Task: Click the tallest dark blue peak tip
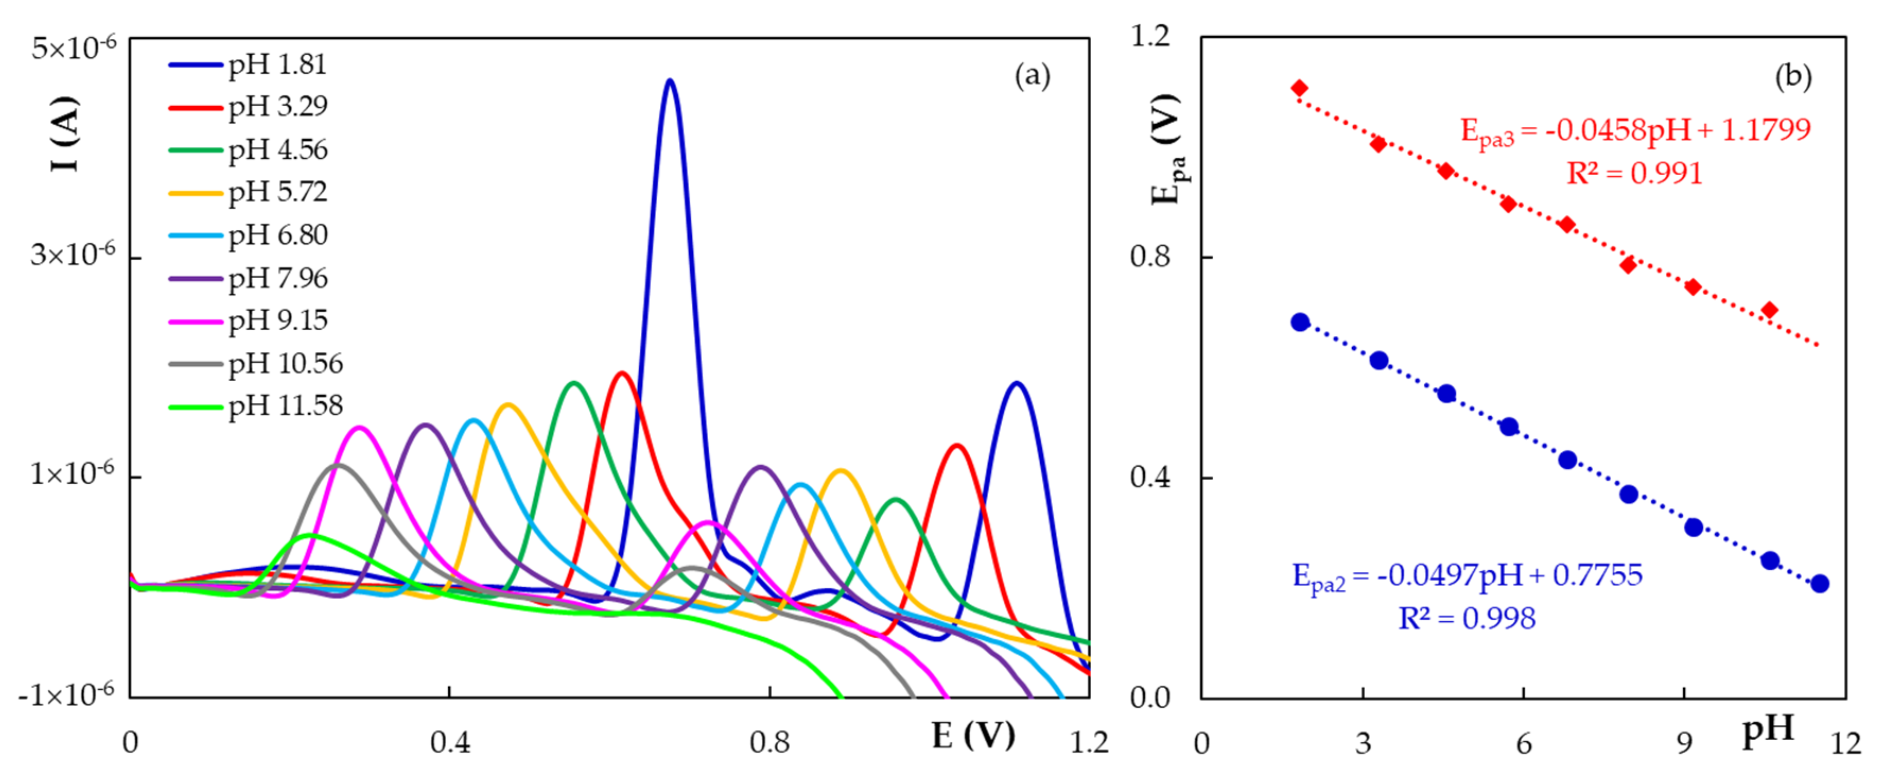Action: (x=669, y=81)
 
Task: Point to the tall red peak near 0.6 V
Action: (x=621, y=374)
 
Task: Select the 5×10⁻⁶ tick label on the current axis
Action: (x=73, y=48)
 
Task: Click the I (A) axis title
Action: (x=64, y=134)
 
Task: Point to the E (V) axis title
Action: (x=973, y=735)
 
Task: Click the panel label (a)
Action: (x=1032, y=76)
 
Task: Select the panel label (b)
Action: (x=1792, y=76)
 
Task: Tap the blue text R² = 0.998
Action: (x=1467, y=619)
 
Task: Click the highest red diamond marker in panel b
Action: (x=1299, y=88)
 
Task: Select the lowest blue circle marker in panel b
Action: (x=1820, y=584)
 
